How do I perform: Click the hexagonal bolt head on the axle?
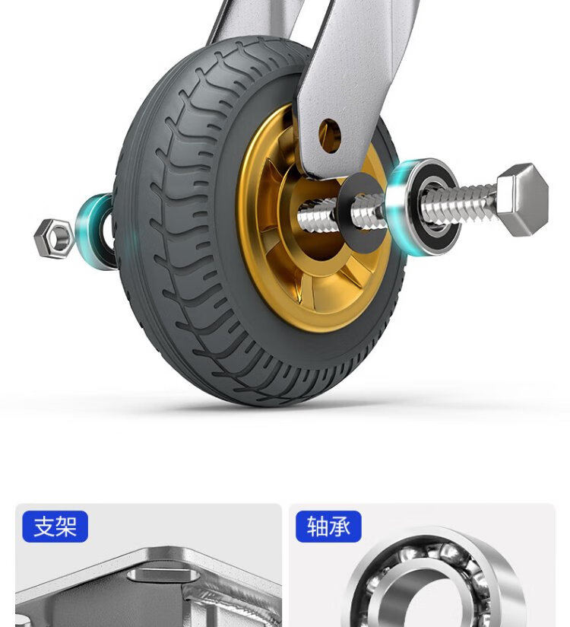[524, 199]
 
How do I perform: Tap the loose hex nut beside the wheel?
[54, 238]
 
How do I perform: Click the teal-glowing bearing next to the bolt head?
[423, 207]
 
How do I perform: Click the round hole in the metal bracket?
[330, 135]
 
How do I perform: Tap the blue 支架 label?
[55, 527]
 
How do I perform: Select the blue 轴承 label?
[328, 527]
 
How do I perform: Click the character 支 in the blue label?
[44, 527]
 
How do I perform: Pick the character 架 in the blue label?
[66, 527]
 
